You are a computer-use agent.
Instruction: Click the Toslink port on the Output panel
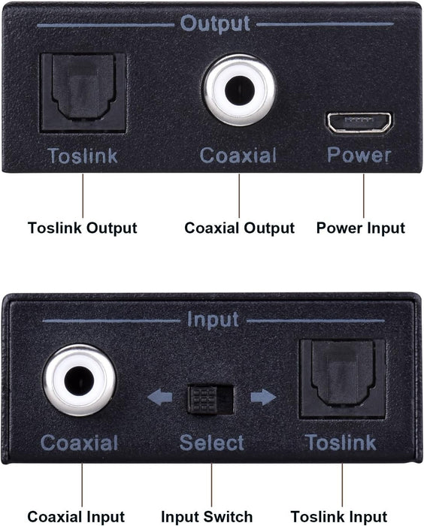[83, 92]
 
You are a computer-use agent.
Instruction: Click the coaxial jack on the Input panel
[79, 382]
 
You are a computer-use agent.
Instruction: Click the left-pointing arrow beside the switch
[160, 397]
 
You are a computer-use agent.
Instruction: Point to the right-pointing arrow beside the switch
[262, 397]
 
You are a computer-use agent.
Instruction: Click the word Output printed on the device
[214, 23]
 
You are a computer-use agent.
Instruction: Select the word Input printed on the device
[213, 320]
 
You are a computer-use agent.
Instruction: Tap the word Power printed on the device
[359, 156]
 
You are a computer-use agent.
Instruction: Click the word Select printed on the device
[211, 443]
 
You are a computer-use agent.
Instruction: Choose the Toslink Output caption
[83, 228]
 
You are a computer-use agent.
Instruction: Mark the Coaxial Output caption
[239, 228]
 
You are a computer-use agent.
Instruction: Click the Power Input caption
[361, 228]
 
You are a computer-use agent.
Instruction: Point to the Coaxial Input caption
[76, 516]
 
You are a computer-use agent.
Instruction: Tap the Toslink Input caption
[339, 516]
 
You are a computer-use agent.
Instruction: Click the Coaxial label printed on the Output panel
[238, 156]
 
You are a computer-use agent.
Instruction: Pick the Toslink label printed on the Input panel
[341, 443]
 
